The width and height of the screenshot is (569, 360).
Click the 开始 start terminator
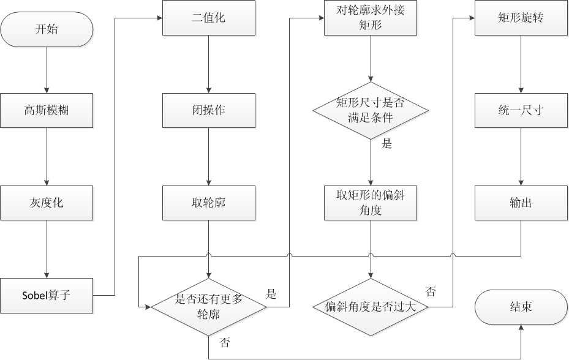[47, 29]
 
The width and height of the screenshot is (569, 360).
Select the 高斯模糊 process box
[47, 111]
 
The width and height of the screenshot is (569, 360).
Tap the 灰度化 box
[47, 203]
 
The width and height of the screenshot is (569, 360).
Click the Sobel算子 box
[47, 295]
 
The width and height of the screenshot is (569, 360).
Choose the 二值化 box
[209, 18]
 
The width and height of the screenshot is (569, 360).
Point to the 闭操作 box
[209, 111]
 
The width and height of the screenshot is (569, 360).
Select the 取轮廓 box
[209, 203]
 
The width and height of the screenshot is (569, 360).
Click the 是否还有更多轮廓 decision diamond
[209, 306]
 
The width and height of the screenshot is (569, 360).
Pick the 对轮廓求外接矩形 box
[371, 18]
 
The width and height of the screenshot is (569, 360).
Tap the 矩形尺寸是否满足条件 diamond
[371, 110]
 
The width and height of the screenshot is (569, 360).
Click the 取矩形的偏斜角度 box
[371, 203]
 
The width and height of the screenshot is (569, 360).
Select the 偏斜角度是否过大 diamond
[371, 307]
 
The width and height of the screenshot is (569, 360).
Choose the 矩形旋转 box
[521, 18]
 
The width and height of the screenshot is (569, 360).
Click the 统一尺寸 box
[521, 111]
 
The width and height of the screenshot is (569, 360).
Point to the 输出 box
[521, 203]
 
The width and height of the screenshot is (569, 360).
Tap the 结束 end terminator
[521, 307]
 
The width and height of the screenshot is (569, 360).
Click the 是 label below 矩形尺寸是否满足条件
[386, 145]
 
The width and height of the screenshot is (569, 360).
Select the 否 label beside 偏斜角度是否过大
[431, 291]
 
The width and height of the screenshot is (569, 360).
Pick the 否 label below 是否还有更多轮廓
[225, 343]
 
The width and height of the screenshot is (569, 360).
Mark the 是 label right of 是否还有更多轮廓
[271, 294]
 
